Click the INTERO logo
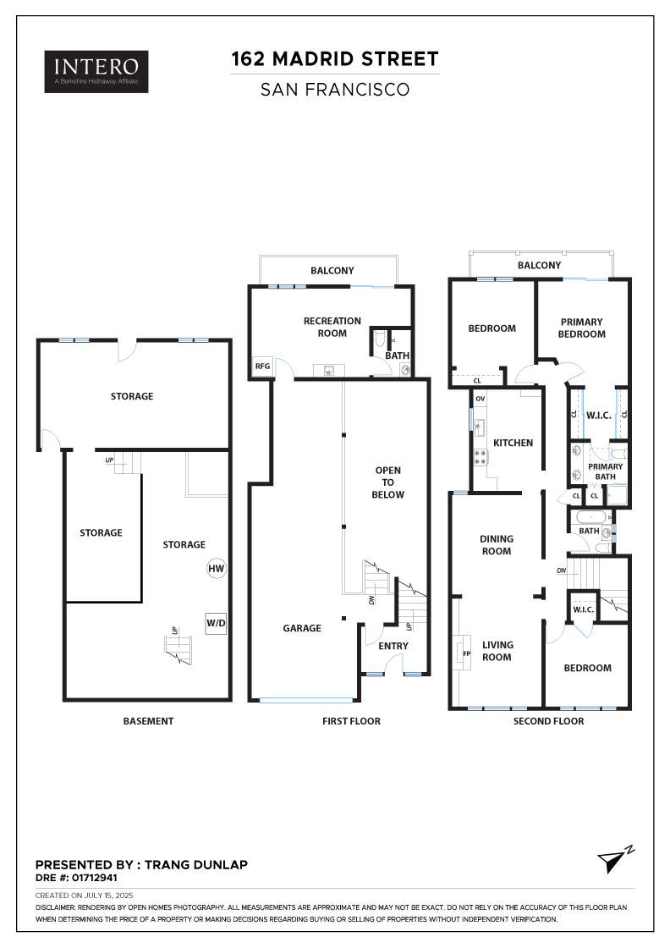pyautogui.click(x=96, y=72)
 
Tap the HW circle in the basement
pyautogui.click(x=216, y=569)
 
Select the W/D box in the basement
pyautogui.click(x=216, y=624)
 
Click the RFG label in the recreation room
pyautogui.click(x=262, y=367)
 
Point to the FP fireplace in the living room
pyautogui.click(x=465, y=653)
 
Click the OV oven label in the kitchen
pyautogui.click(x=480, y=399)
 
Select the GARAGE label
pyautogui.click(x=302, y=628)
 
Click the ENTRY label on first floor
pyautogui.click(x=393, y=647)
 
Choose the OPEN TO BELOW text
pyautogui.click(x=388, y=482)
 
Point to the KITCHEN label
pyautogui.click(x=513, y=443)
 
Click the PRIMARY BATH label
pyautogui.click(x=605, y=471)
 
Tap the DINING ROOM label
pyautogui.click(x=497, y=545)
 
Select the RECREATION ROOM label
pyautogui.click(x=332, y=327)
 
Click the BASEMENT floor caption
pyautogui.click(x=148, y=721)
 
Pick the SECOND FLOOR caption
pyautogui.click(x=548, y=721)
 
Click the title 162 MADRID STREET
pyautogui.click(x=335, y=59)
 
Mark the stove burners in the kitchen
pyautogui.click(x=480, y=458)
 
